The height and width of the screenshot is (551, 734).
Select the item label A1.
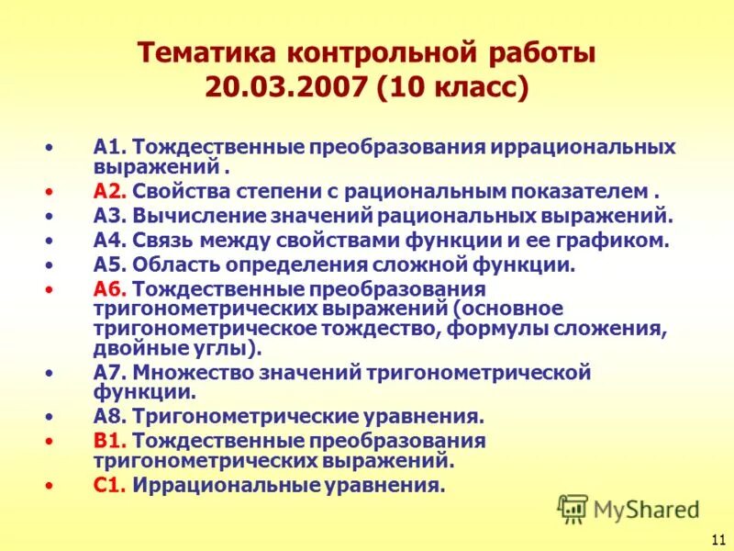point(109,148)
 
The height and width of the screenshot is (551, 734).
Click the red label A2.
point(109,193)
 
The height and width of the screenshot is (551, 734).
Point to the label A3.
point(109,217)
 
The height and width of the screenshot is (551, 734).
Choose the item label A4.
point(109,242)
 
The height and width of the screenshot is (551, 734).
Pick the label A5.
point(109,265)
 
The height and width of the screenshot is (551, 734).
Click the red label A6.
point(109,290)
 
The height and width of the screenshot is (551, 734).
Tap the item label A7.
point(109,373)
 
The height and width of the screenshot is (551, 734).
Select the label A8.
point(109,416)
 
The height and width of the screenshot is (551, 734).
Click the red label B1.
point(109,441)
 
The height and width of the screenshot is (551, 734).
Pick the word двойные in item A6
point(132,349)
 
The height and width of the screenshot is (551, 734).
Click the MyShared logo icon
point(573,508)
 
